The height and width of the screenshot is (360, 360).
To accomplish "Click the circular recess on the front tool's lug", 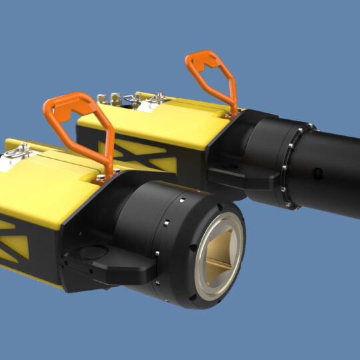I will (90, 251).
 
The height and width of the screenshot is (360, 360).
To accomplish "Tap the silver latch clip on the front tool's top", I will (15, 154).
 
